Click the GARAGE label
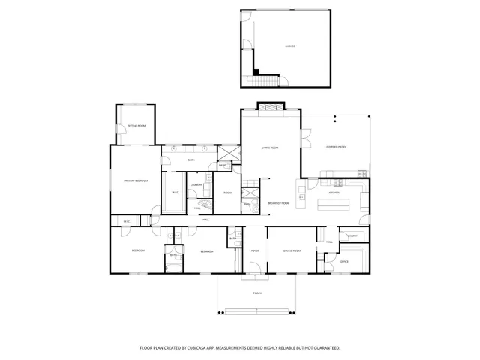click(289, 46)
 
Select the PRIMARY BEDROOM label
click(136, 181)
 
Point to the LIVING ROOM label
click(270, 148)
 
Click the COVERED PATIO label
click(335, 147)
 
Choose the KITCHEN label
click(334, 193)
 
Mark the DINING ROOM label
click(292, 250)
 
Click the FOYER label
click(255, 250)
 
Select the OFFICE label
click(344, 262)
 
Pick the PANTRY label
click(352, 236)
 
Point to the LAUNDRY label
click(196, 184)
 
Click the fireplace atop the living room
click(271, 106)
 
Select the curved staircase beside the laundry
click(201, 208)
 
